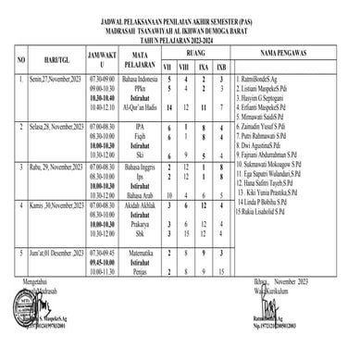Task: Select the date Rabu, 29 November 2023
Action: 57,167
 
